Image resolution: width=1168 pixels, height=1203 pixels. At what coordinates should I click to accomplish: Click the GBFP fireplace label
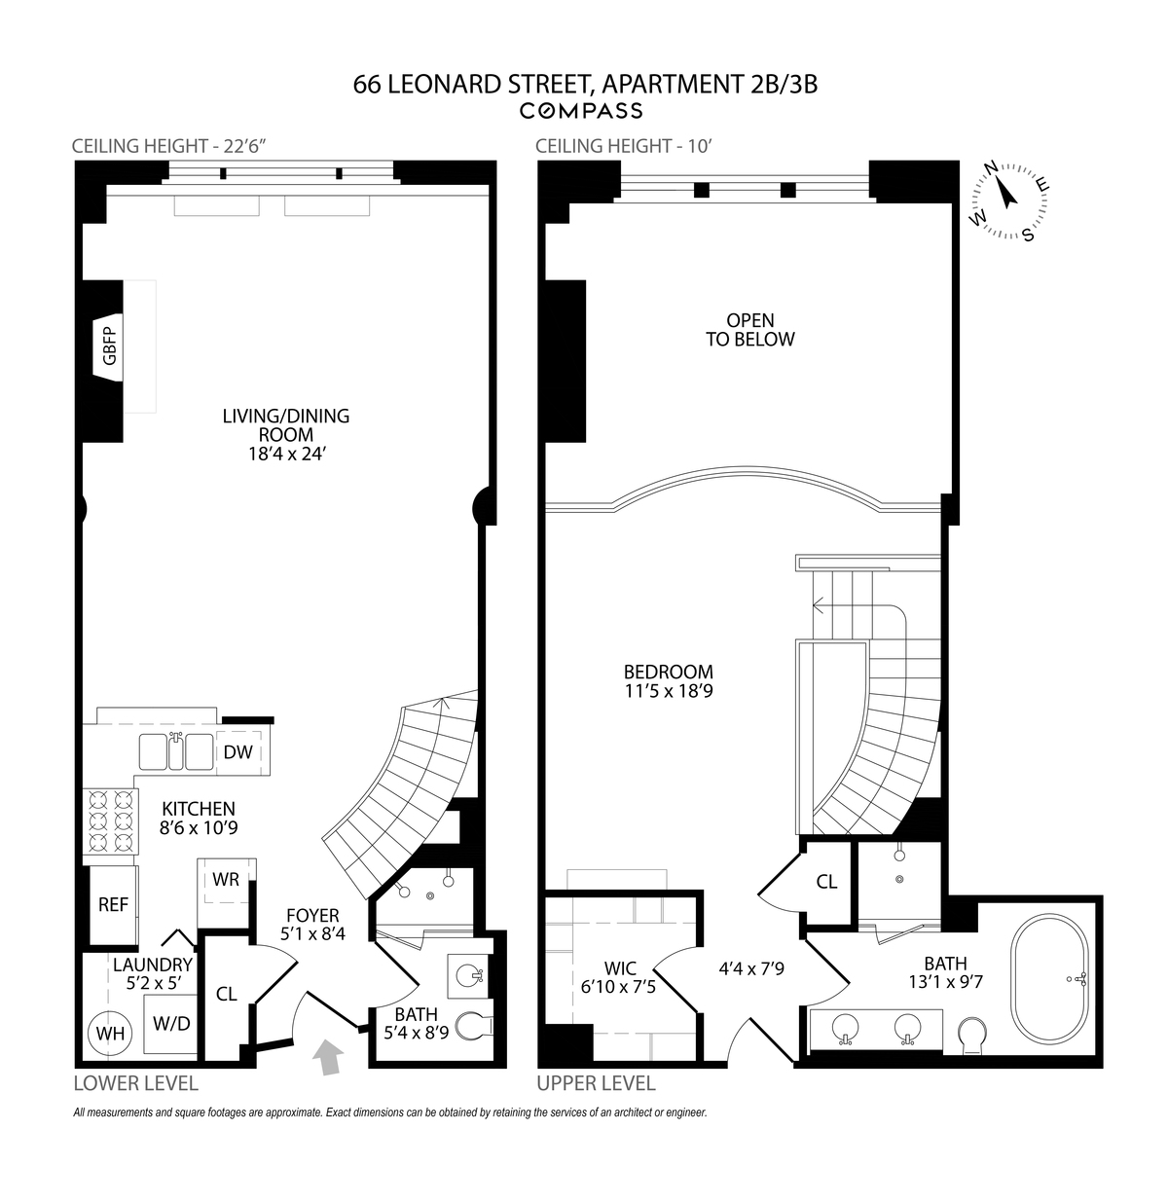(x=110, y=346)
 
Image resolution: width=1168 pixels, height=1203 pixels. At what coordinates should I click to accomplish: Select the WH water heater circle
(x=110, y=1034)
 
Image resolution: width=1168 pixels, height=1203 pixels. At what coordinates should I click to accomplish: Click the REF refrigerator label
(x=113, y=904)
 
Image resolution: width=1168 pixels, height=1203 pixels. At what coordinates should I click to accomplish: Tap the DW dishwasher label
(x=238, y=751)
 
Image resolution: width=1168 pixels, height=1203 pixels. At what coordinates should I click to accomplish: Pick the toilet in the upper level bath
(x=971, y=1034)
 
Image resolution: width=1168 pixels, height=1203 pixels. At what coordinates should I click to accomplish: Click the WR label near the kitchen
(x=226, y=879)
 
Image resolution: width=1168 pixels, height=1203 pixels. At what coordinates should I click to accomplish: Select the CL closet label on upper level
(x=826, y=882)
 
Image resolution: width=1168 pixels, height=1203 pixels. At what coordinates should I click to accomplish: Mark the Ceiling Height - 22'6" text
(x=169, y=146)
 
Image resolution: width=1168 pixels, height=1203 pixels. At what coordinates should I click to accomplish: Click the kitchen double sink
(x=175, y=750)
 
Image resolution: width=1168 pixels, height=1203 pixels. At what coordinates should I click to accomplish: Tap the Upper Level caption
(x=596, y=1083)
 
